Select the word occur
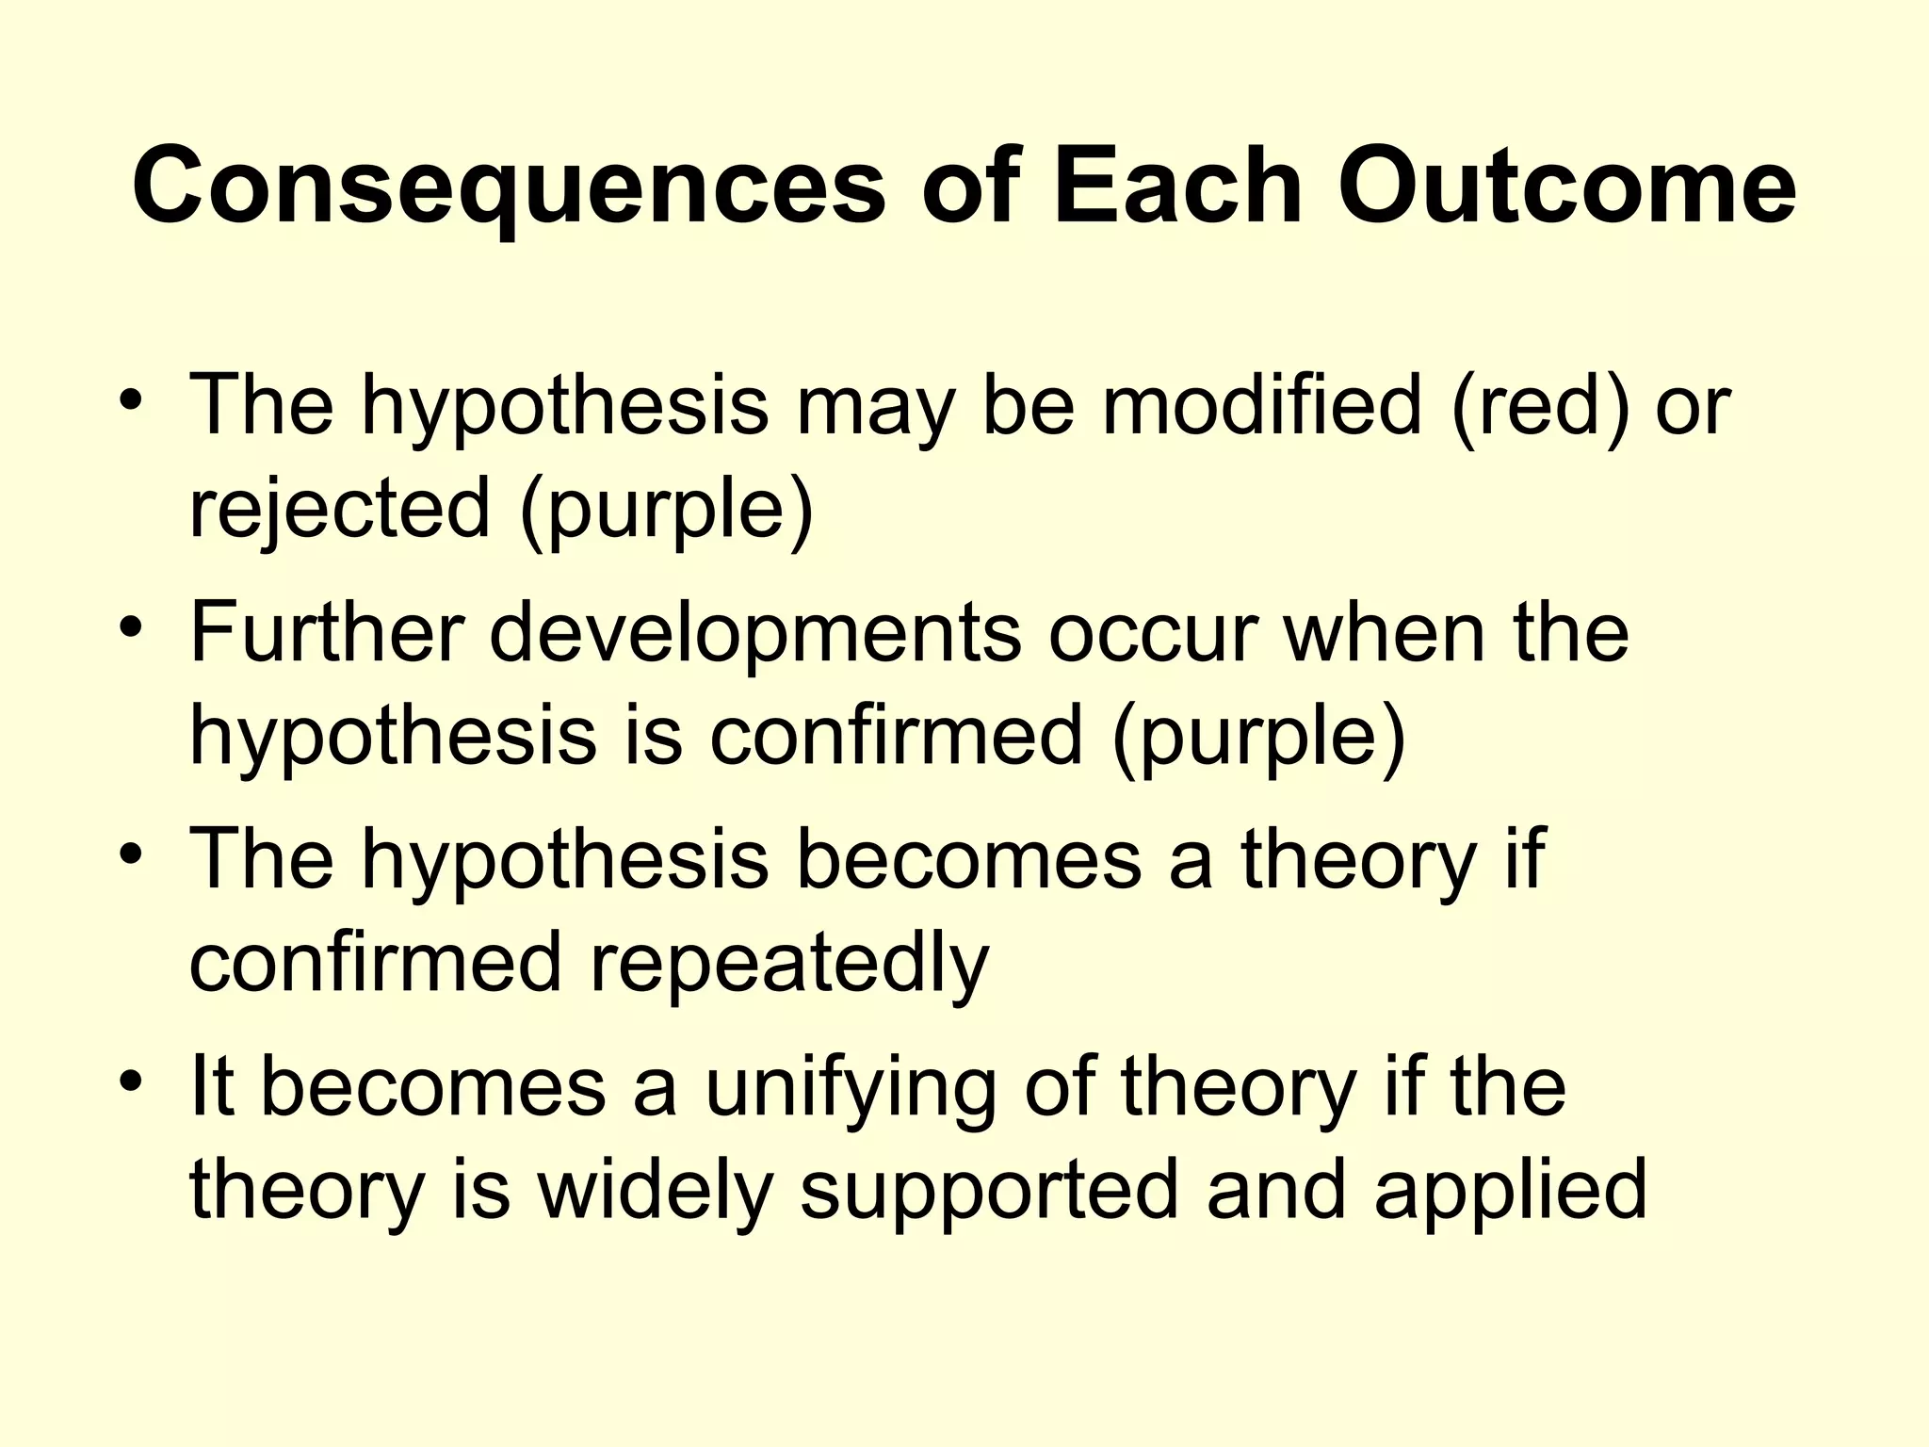point(1154,634)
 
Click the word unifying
point(850,1089)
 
